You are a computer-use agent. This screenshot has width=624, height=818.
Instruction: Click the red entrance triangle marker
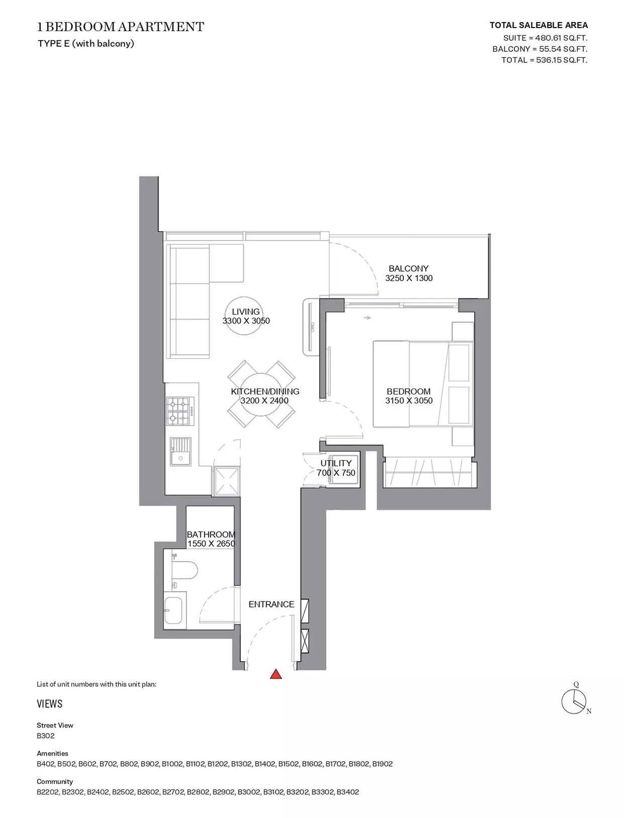[276, 674]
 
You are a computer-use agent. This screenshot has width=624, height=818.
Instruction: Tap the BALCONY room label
[409, 268]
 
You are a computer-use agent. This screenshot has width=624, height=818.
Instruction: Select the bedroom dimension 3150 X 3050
[409, 400]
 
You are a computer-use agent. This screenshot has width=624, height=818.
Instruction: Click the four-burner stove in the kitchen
[181, 411]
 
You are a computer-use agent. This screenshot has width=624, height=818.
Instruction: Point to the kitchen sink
[181, 452]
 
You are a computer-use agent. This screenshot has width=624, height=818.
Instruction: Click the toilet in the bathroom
[184, 570]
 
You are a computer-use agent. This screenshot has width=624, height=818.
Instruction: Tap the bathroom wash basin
[173, 610]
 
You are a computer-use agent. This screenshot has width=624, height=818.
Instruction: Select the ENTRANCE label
[272, 604]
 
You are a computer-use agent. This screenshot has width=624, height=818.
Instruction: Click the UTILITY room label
[336, 463]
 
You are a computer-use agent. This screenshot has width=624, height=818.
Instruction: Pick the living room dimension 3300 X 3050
[246, 321]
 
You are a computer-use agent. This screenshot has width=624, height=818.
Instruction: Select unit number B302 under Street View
[45, 736]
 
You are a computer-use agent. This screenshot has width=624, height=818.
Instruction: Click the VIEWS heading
[50, 703]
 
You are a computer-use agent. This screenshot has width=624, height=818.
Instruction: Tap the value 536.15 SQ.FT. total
[562, 60]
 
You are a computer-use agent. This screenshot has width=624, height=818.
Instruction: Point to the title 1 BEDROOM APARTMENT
[120, 27]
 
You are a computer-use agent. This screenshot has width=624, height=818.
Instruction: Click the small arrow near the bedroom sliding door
[368, 318]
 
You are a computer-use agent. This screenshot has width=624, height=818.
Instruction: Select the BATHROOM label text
[211, 535]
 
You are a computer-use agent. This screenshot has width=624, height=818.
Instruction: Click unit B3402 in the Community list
[347, 792]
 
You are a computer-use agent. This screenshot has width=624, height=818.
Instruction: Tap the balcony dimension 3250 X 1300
[409, 278]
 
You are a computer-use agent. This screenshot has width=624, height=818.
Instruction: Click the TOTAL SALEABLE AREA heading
[539, 25]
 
